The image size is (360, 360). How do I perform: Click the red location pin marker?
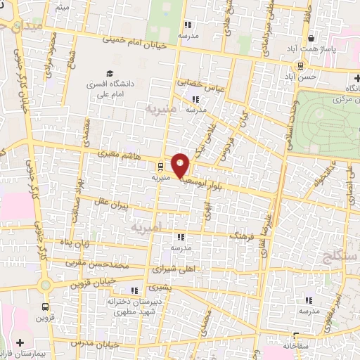(181, 166)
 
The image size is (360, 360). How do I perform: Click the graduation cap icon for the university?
(109, 73)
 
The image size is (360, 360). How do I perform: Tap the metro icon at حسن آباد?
(300, 66)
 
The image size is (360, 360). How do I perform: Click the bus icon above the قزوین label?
(46, 307)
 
